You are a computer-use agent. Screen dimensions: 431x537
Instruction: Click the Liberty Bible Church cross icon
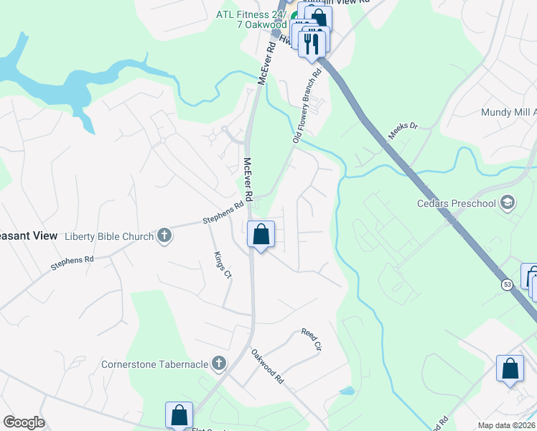click(164, 236)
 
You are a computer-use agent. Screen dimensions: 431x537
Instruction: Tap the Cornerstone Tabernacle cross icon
click(219, 364)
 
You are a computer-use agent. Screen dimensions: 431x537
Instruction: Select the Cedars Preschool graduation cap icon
click(509, 203)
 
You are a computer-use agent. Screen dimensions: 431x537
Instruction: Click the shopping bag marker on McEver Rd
click(261, 234)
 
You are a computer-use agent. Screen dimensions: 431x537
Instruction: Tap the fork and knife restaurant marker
click(312, 43)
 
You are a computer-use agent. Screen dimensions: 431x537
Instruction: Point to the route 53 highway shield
click(508, 285)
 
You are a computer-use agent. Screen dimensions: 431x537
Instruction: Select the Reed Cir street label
click(310, 339)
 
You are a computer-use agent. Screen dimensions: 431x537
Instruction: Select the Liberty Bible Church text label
click(109, 236)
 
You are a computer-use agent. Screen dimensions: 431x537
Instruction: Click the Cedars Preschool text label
click(457, 203)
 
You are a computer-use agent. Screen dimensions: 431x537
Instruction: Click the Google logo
click(24, 422)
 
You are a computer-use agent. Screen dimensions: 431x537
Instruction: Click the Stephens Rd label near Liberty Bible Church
click(218, 213)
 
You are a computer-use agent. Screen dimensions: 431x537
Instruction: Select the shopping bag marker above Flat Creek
click(179, 414)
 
